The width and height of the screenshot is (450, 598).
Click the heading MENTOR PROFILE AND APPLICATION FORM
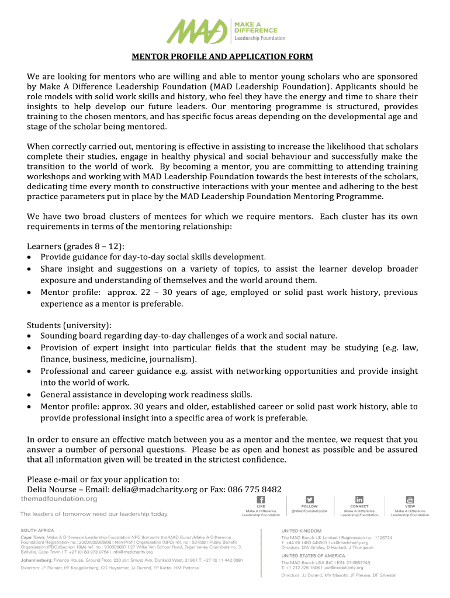coord(221,57)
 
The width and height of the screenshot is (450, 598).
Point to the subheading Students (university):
coord(69,325)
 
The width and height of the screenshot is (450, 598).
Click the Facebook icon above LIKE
coord(261,500)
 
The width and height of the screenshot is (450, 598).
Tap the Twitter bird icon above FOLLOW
coord(309,500)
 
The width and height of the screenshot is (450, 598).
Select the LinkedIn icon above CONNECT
coord(359,500)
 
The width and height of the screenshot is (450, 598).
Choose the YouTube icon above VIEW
coord(410,500)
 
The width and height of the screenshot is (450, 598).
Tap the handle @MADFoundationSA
coord(309,511)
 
